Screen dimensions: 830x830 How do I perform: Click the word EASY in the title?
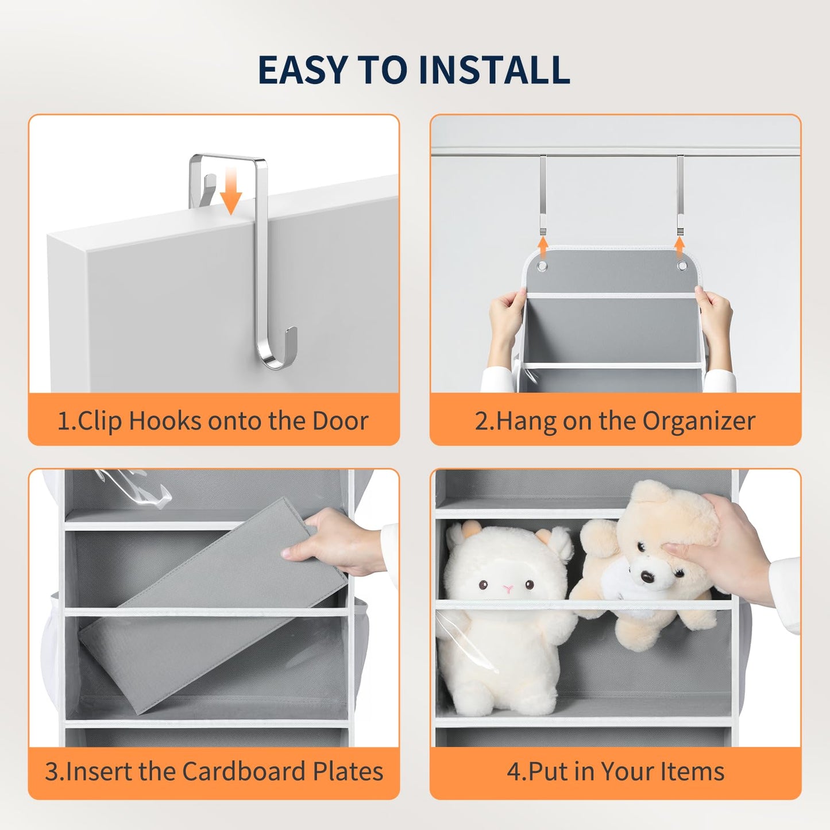coord(303,70)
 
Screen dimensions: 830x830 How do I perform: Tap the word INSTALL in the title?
coord(495,70)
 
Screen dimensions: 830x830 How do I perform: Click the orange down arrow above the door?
coord(231,191)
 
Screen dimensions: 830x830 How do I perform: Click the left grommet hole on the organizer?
coord(542,265)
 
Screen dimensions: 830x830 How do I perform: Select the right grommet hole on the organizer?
coord(682,265)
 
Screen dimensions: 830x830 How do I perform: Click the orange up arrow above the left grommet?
coord(543,247)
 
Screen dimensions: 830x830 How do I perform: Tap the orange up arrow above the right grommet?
coord(680,247)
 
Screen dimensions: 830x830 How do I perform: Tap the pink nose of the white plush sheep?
coord(508,588)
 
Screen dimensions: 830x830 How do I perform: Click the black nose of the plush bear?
coord(647,576)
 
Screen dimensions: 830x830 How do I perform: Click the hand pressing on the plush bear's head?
coord(715,547)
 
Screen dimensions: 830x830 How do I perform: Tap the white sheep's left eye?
coord(484,585)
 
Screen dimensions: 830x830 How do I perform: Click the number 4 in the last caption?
coord(514,771)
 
